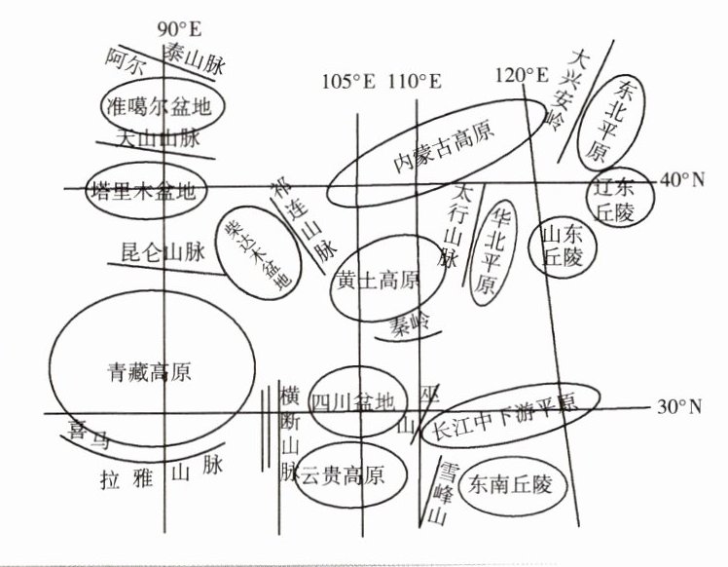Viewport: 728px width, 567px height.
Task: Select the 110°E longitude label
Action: pyautogui.click(x=415, y=82)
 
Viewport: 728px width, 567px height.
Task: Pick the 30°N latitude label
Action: pyautogui.click(x=679, y=406)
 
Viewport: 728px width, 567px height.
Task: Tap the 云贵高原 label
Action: pyautogui.click(x=346, y=474)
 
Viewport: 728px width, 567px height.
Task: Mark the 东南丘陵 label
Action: pyautogui.click(x=509, y=482)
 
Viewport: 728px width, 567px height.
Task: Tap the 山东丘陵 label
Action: pyautogui.click(x=562, y=246)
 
